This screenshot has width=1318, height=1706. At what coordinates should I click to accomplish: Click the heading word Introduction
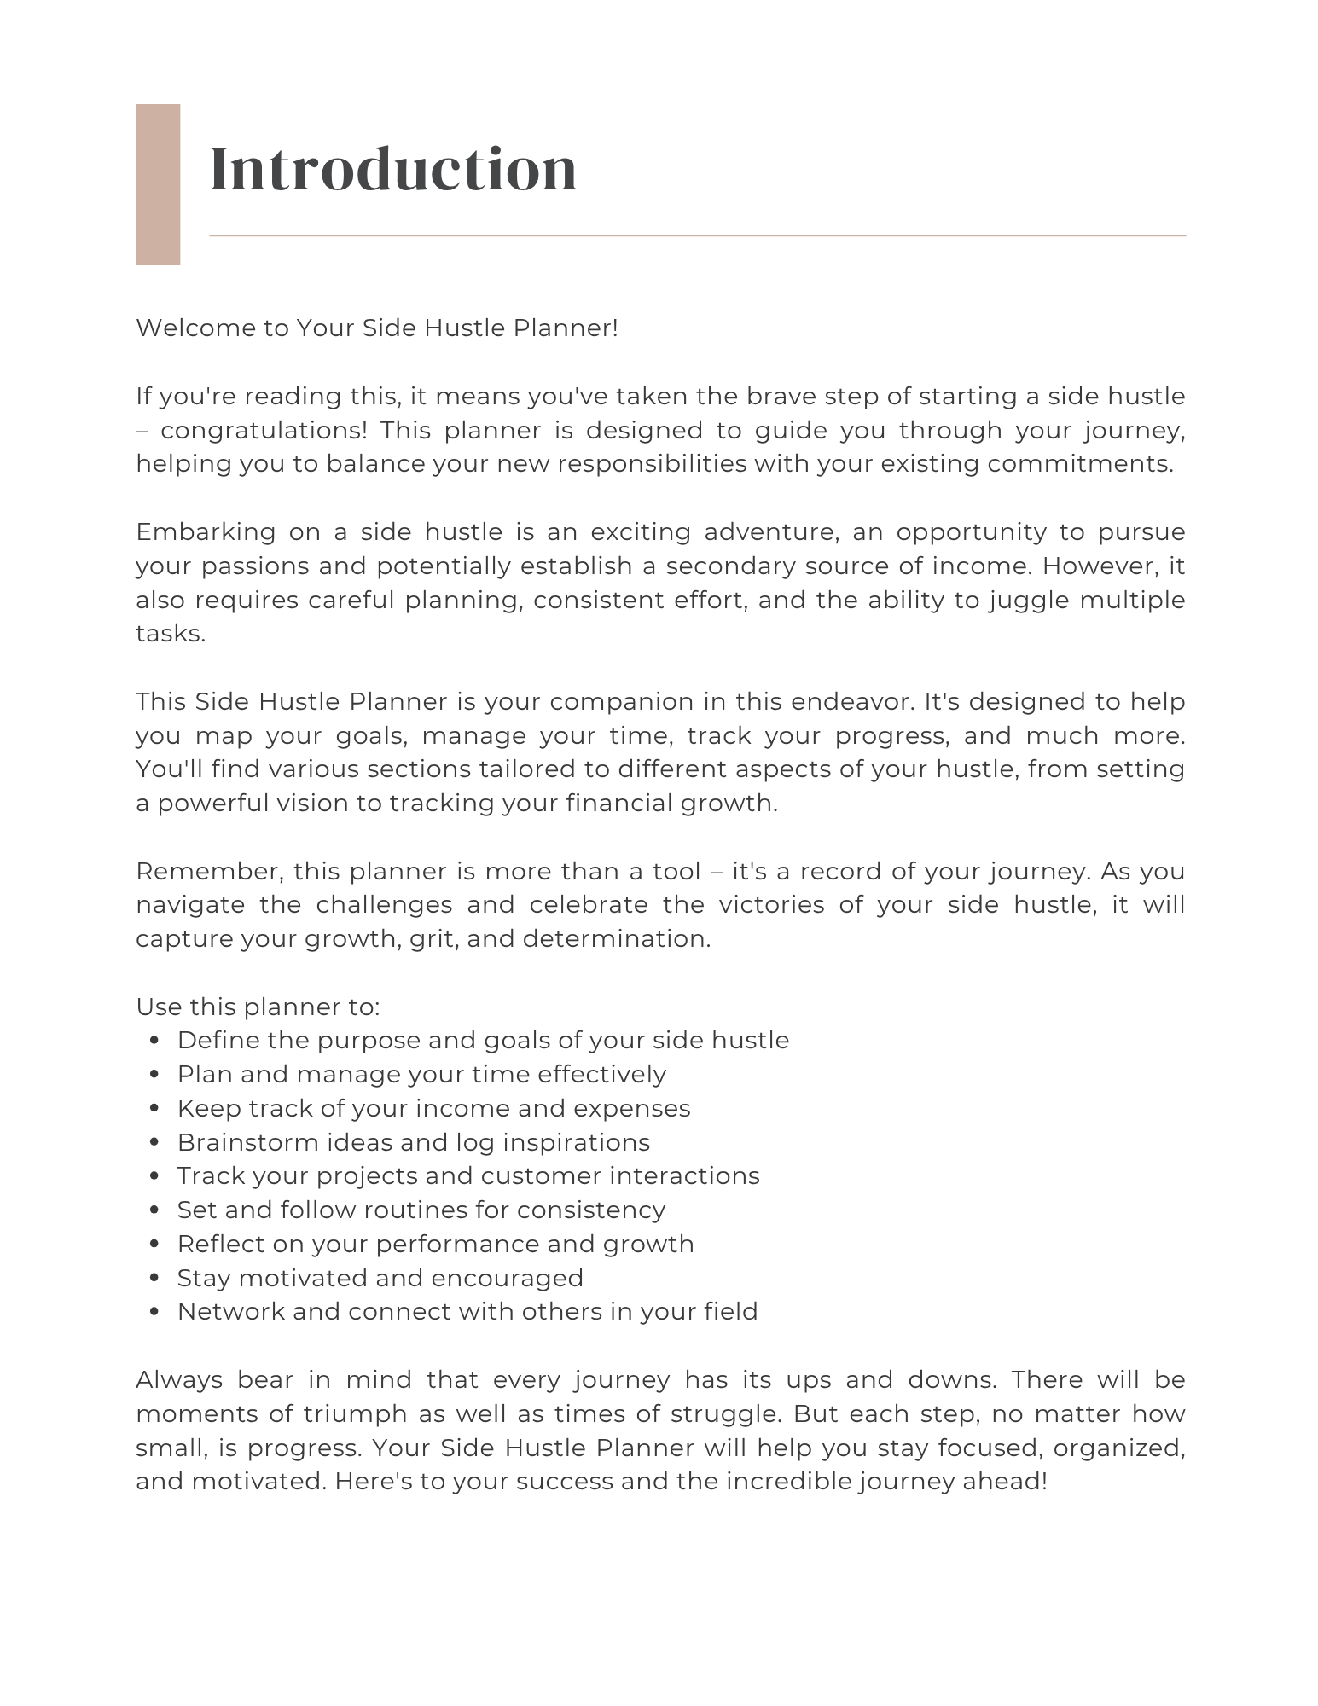tap(393, 168)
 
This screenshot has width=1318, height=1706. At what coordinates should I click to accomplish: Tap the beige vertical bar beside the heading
tap(158, 184)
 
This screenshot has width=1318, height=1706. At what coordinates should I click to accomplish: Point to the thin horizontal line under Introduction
tap(697, 235)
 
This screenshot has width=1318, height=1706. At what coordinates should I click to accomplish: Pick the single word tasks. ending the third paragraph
tap(171, 634)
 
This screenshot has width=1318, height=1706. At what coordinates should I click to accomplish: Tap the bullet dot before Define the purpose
tap(154, 1041)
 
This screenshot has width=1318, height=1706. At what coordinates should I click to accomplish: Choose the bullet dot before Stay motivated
tap(154, 1279)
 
